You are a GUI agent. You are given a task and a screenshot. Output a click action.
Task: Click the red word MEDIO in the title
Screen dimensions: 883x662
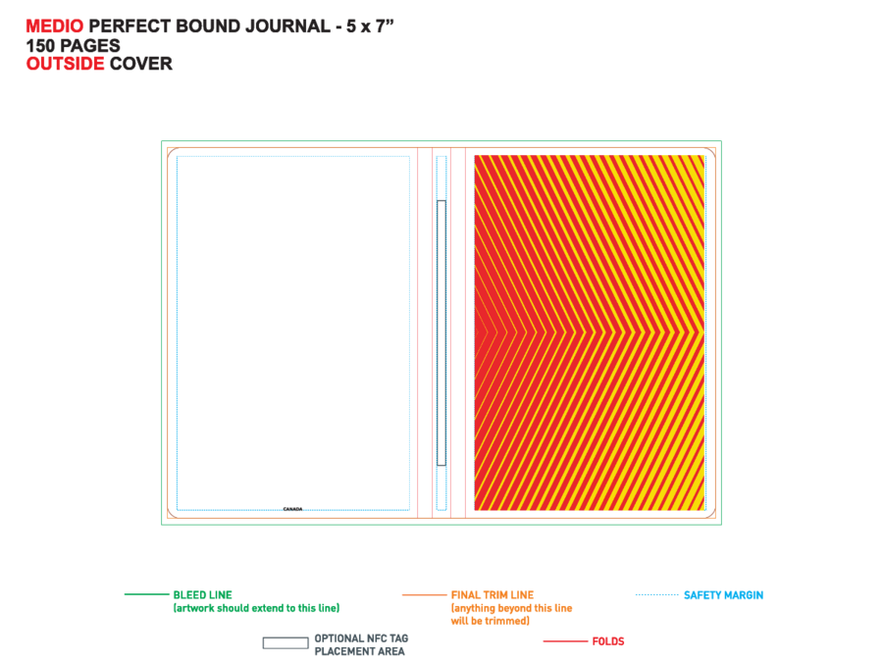tap(55, 25)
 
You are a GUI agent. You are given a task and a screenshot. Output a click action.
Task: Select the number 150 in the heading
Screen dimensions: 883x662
tap(40, 45)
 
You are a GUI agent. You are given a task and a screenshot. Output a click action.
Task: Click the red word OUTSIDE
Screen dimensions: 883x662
tap(66, 64)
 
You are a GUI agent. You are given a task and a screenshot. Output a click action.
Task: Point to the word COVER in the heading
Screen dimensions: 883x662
tap(140, 64)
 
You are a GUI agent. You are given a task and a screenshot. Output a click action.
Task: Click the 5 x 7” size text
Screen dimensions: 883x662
tap(370, 25)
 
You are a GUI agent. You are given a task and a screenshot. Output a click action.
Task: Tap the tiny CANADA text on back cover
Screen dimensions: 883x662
tap(292, 509)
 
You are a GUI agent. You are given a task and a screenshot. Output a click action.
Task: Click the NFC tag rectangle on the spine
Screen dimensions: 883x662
tap(441, 332)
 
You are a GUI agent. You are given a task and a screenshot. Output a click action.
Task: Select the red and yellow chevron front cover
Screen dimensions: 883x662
tap(590, 332)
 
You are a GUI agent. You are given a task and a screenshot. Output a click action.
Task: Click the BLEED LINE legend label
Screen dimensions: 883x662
tap(203, 595)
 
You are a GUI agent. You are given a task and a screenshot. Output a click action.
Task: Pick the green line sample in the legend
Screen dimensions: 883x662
tap(147, 594)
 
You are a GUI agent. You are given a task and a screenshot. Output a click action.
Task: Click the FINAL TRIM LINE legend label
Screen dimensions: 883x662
tap(493, 595)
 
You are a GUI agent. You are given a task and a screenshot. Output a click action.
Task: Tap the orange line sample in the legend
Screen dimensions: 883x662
tap(425, 594)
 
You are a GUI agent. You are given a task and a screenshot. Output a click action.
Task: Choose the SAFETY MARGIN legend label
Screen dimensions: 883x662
tap(724, 595)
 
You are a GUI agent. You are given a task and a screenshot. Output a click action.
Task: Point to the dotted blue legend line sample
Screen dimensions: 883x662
tap(657, 594)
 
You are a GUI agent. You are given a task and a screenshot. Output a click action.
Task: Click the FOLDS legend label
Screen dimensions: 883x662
tap(608, 641)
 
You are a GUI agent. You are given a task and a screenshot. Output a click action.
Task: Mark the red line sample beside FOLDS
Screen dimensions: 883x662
tap(565, 641)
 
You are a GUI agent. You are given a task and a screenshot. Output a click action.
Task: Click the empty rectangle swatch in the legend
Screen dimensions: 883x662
tap(286, 642)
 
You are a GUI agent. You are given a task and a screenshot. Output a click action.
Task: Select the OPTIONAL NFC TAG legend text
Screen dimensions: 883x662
tap(361, 638)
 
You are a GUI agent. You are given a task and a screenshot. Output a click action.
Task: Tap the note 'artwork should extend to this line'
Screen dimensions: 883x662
tap(256, 608)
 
